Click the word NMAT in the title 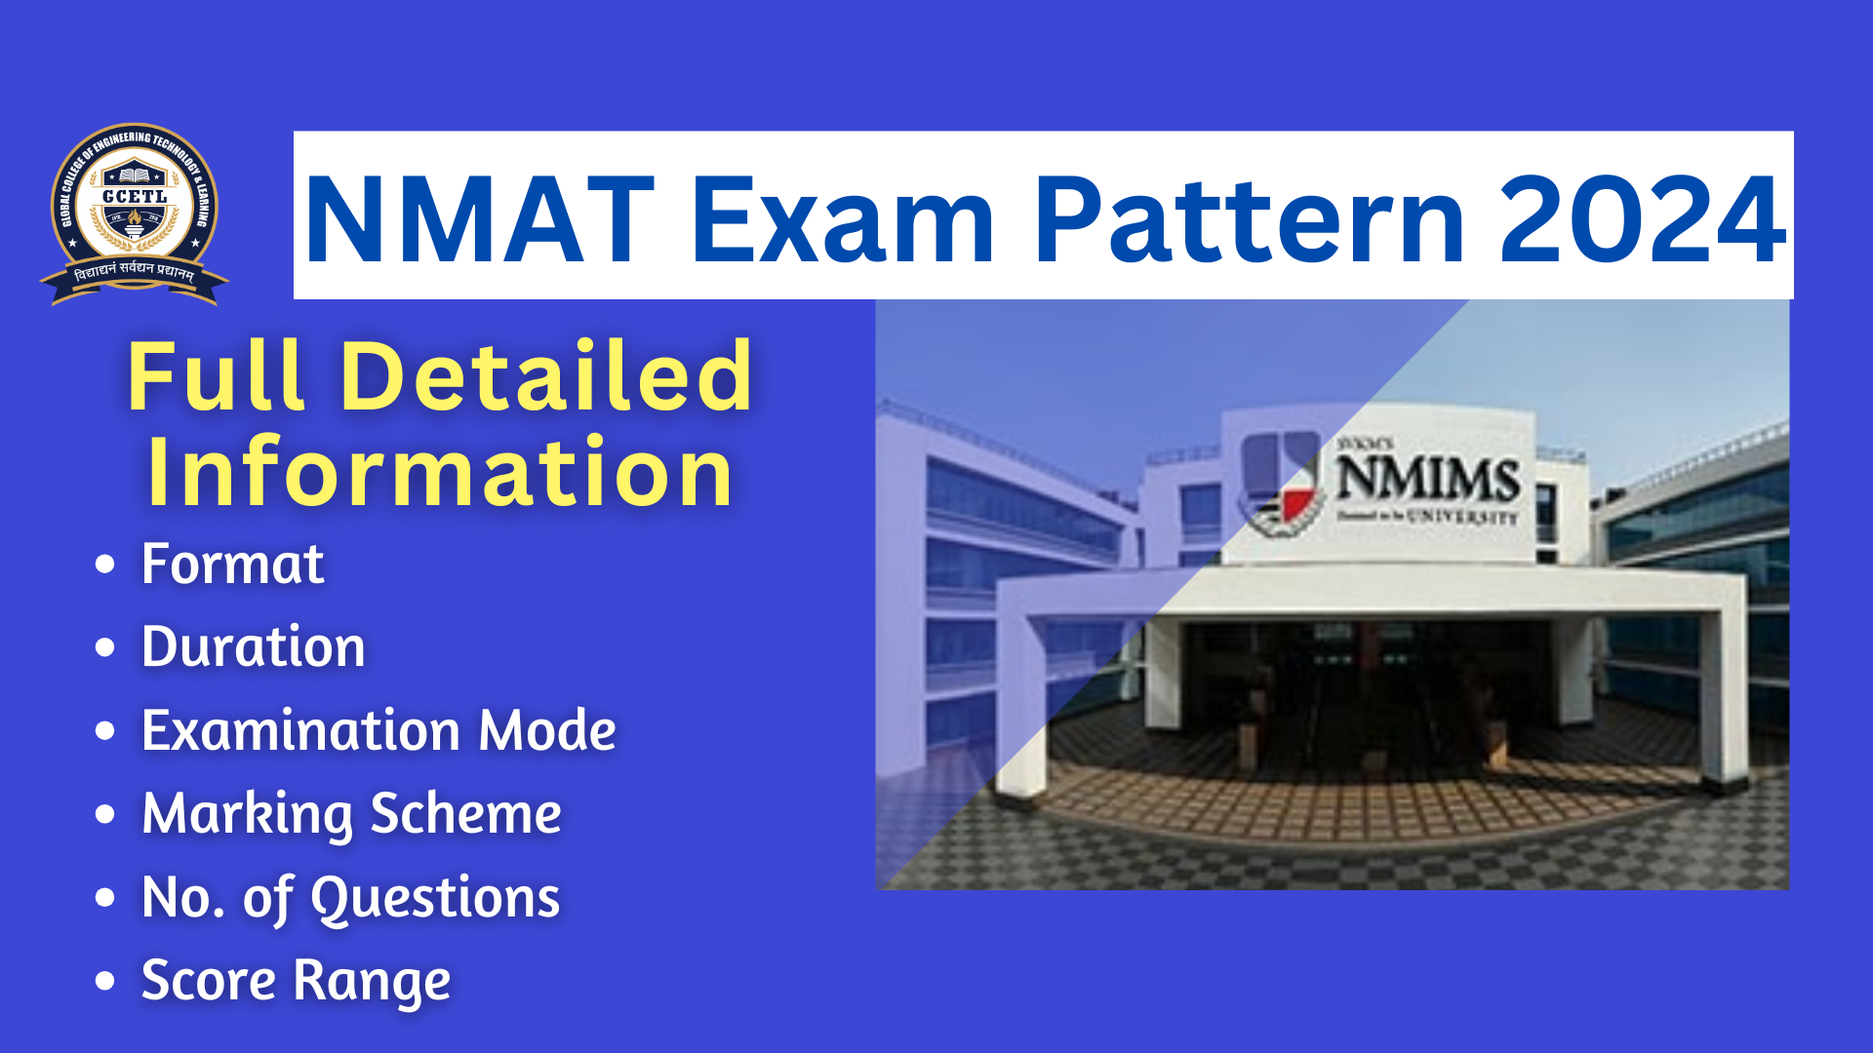click(x=478, y=219)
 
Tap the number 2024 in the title click(x=1642, y=219)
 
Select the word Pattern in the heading click(x=1249, y=219)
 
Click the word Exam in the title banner click(x=844, y=219)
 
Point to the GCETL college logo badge click(x=135, y=213)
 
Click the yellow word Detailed click(x=546, y=376)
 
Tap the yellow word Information click(x=440, y=473)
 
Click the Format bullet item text click(x=232, y=565)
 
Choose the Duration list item click(x=253, y=647)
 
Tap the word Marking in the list click(x=247, y=815)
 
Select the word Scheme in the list click(x=465, y=814)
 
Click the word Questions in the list click(x=435, y=898)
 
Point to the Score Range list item click(x=296, y=981)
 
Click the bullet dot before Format click(x=105, y=565)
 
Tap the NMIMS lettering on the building click(x=1427, y=479)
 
